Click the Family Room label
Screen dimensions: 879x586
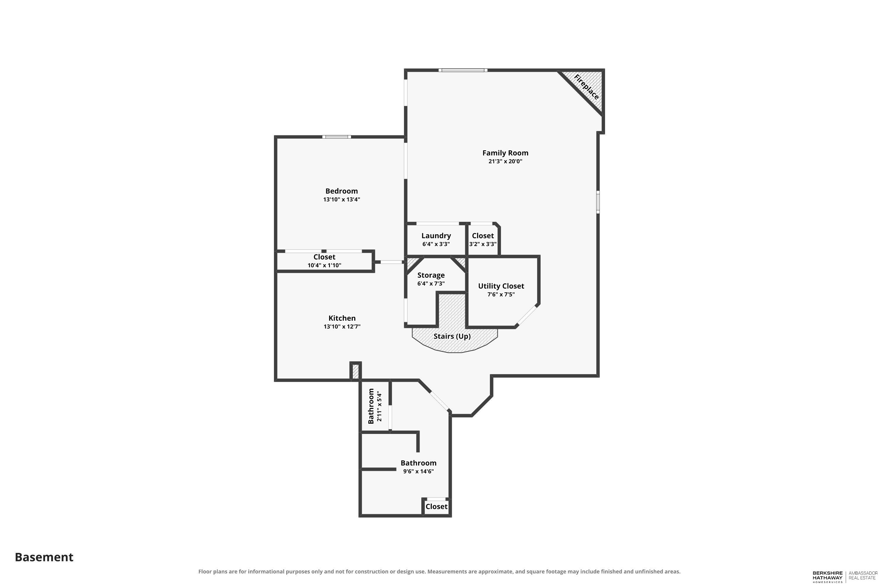point(505,153)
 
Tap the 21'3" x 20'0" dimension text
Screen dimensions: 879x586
point(505,161)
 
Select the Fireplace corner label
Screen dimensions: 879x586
point(586,87)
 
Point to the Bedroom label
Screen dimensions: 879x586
point(342,191)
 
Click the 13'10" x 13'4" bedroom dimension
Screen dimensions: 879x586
point(342,200)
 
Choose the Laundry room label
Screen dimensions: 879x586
point(436,236)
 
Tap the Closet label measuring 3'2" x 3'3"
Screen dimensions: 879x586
point(483,236)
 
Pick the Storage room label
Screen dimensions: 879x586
point(431,275)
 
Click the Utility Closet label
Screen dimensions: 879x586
point(501,286)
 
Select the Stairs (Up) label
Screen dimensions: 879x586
point(452,336)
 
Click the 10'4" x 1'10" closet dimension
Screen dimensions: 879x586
point(324,266)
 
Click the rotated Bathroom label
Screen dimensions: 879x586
point(371,406)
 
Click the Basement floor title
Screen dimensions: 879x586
point(44,557)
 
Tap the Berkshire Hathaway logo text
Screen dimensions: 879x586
point(828,577)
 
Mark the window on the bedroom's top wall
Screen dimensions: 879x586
point(337,137)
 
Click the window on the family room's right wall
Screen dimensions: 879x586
point(598,202)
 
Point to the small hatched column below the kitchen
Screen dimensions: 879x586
point(356,372)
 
